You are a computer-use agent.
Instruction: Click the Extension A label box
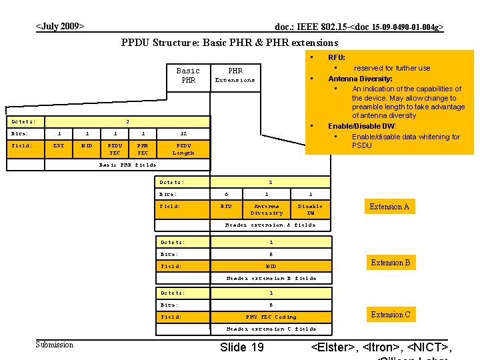pos(389,207)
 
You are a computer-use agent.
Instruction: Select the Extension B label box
pos(390,263)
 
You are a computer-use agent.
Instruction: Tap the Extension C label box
pos(390,315)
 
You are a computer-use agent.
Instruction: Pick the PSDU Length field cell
pos(183,148)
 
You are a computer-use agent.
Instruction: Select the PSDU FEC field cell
pos(115,148)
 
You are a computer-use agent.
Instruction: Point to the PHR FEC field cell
pos(143,148)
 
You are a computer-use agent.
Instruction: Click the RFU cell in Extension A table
pos(226,207)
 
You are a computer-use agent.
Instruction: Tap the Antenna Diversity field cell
pos(267,209)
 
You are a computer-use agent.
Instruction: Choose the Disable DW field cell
pos(310,209)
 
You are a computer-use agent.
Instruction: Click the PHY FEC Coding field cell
pos(271,317)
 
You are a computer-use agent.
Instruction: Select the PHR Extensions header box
pos(235,75)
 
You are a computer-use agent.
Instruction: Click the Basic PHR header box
pos(188,75)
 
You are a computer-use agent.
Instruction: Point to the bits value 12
pos(183,133)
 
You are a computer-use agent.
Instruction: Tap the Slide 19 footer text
pos(241,347)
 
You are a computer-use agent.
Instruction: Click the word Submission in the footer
pos(54,344)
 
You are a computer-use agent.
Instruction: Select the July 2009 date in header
pos(60,27)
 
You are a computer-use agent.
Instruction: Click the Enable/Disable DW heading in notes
pos(361,126)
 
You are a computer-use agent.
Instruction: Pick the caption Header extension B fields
pos(271,278)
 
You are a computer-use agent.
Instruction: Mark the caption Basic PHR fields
pos(127,164)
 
